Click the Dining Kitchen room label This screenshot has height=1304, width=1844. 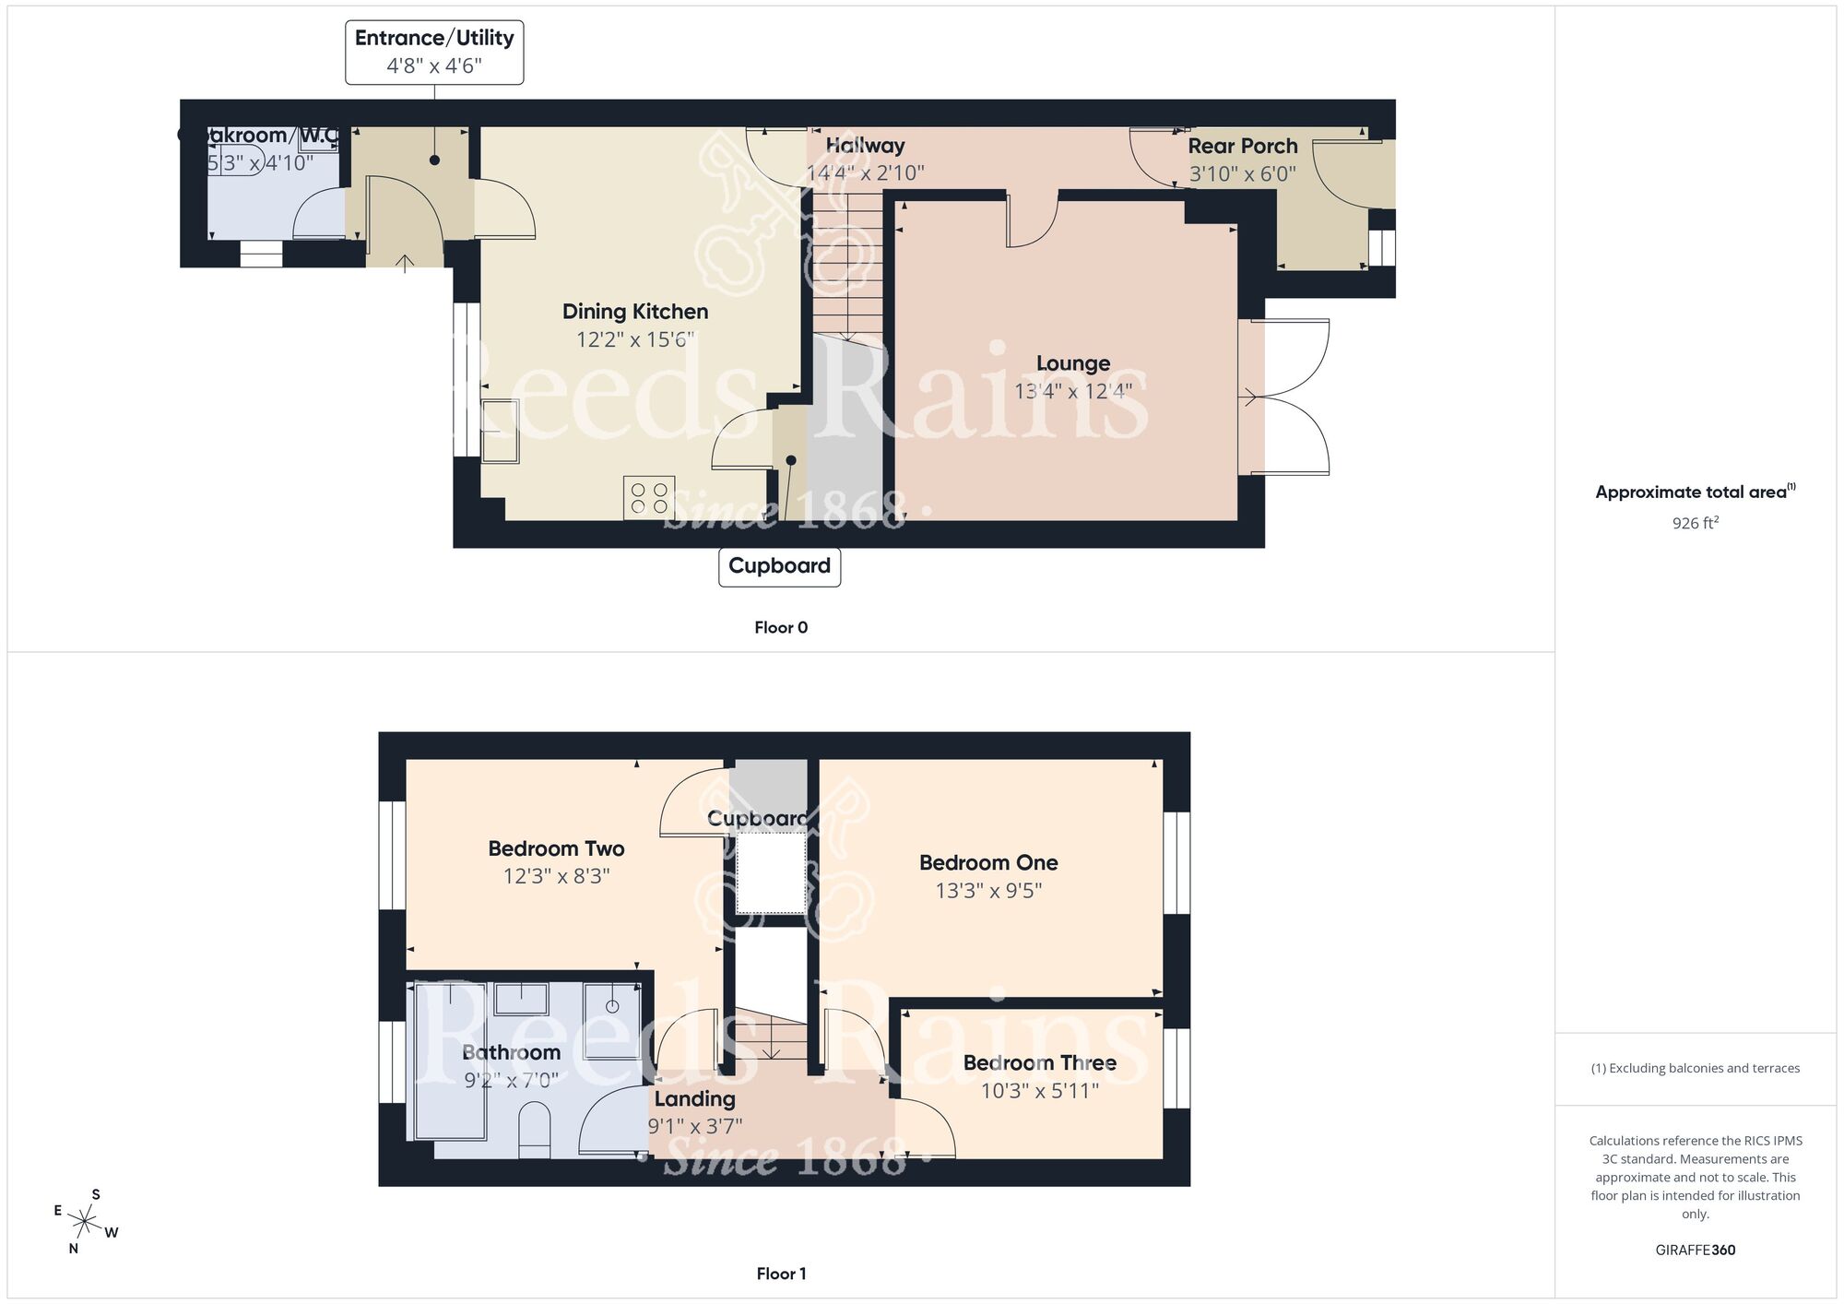click(635, 312)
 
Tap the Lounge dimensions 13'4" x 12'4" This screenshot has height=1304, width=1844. click(1072, 391)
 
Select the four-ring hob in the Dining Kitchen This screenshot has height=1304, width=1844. click(649, 498)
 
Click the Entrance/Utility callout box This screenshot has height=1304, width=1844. click(434, 52)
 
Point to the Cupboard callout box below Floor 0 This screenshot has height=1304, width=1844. click(779, 566)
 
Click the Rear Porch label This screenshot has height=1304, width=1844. click(1242, 146)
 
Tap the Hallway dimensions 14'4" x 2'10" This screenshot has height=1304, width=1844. click(865, 172)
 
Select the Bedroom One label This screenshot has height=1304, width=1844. click(988, 862)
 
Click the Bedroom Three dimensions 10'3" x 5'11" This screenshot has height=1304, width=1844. click(1039, 1091)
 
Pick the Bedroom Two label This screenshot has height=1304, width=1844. click(556, 848)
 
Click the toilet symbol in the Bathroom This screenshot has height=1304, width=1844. click(535, 1132)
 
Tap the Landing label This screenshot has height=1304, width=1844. click(694, 1098)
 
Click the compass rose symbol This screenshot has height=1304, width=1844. click(85, 1223)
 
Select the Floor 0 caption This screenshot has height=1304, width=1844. click(780, 627)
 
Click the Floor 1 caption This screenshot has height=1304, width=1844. click(780, 1274)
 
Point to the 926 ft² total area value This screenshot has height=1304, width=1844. click(1695, 523)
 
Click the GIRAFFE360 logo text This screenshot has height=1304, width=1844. click(1695, 1251)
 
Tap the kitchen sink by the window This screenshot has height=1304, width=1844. click(500, 431)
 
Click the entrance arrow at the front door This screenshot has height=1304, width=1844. click(405, 263)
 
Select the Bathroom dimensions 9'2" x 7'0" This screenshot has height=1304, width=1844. click(511, 1080)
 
